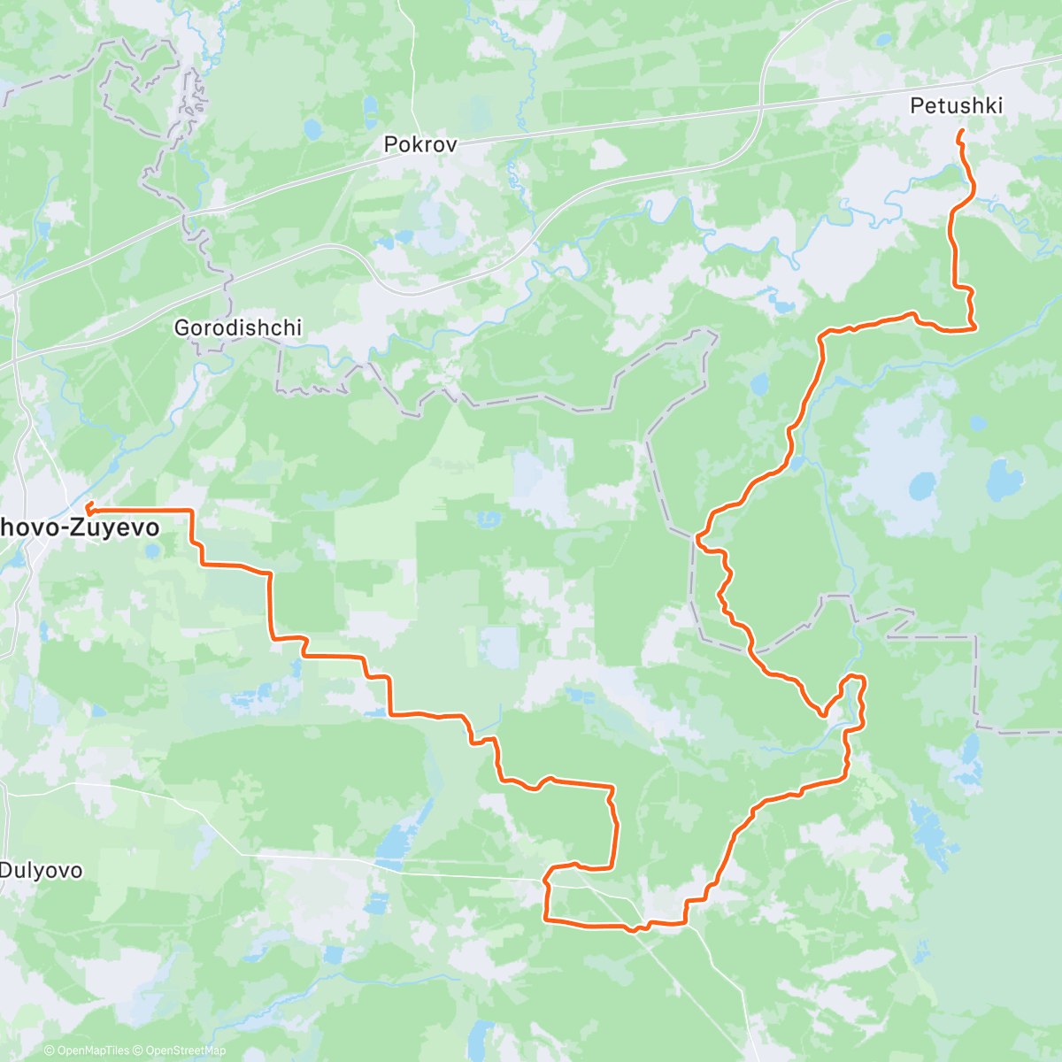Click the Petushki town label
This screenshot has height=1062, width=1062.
956,106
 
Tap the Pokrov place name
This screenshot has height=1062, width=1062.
420,144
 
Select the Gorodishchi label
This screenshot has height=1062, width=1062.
237,327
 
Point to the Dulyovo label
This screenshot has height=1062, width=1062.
41,870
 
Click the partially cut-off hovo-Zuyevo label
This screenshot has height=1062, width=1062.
80,528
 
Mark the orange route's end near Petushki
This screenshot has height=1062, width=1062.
961,132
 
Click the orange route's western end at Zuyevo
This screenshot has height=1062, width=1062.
88,507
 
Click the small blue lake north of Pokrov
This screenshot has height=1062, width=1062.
312,130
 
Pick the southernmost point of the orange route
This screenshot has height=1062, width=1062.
633,930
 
